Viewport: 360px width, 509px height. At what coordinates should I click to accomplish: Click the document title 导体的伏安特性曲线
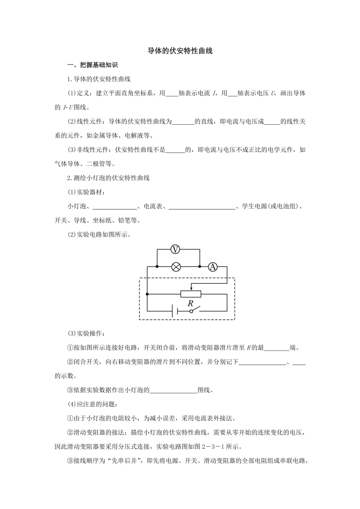(x=180, y=51)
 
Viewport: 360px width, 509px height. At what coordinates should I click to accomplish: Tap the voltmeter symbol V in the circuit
(x=176, y=249)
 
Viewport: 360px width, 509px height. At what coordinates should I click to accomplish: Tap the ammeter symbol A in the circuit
(x=212, y=267)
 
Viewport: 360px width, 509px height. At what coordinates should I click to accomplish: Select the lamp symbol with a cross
(x=176, y=267)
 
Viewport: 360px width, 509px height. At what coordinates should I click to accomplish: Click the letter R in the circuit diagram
(x=191, y=303)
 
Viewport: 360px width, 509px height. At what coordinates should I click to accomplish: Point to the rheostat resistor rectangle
(x=191, y=294)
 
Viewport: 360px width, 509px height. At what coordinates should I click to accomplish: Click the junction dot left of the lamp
(x=157, y=267)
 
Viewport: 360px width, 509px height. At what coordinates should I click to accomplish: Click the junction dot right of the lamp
(x=200, y=267)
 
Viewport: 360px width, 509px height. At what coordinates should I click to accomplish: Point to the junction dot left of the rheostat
(x=147, y=294)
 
